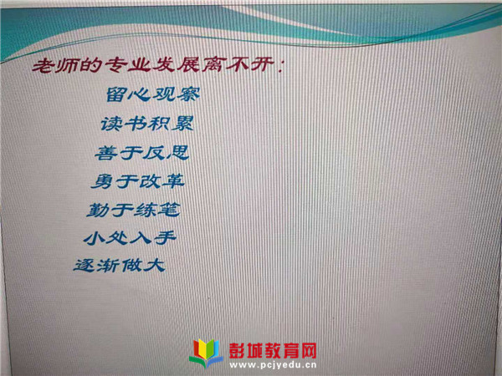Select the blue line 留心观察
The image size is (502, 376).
point(153,94)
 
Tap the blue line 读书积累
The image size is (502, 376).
point(147,124)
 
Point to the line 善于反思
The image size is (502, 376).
point(142,153)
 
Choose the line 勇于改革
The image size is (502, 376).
point(138,181)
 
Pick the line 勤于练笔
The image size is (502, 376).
point(133,210)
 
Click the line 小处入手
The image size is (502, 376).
point(130,238)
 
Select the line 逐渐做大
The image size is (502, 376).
point(120,266)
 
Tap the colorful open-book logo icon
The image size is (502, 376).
point(206,353)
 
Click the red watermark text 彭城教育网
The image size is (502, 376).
point(273,350)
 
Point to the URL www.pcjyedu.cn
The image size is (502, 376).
point(273,365)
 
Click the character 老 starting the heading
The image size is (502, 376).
point(43,66)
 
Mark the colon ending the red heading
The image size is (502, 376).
point(280,66)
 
